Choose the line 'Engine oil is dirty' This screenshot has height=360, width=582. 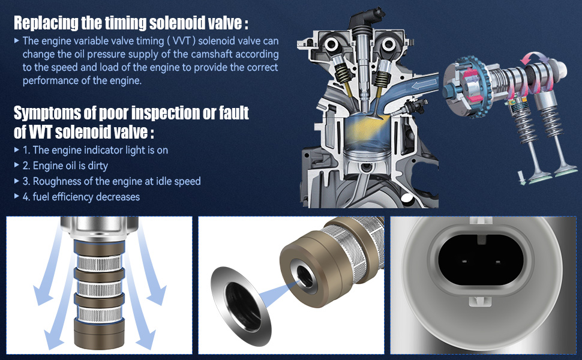[x=70, y=166]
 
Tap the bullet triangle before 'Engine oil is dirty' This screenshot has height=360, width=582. [x=16, y=166]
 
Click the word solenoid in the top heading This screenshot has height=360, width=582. [x=172, y=23]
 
